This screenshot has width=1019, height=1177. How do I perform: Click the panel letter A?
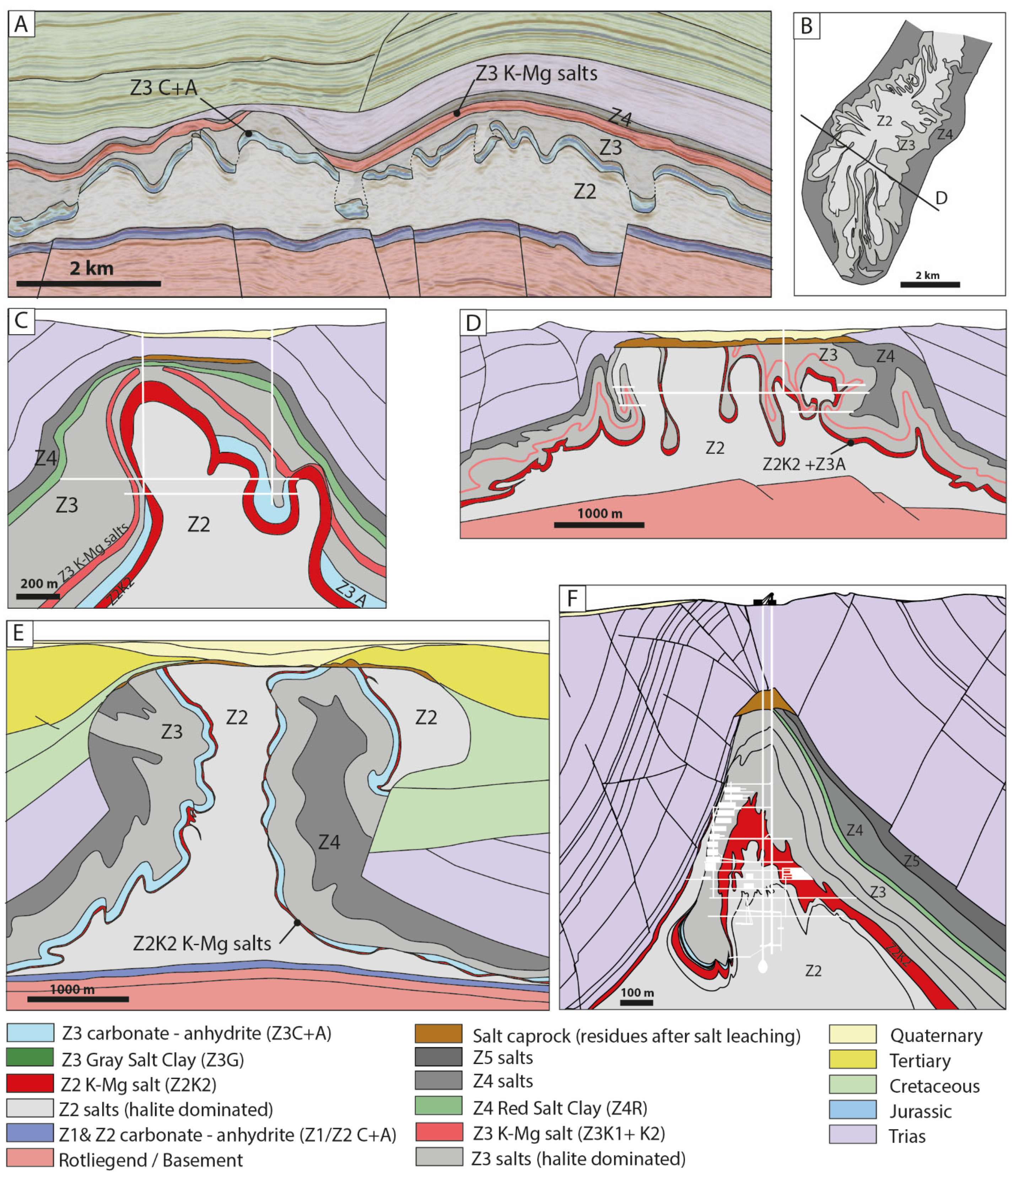point(21,25)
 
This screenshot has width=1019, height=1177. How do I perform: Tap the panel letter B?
point(806,26)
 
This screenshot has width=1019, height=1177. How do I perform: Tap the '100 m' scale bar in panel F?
point(636,1002)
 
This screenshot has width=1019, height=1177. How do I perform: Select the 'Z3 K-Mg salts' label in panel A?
point(536,73)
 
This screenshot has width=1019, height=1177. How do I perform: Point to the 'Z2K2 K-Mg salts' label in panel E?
point(202,943)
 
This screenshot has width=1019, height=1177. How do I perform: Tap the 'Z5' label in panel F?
point(912,861)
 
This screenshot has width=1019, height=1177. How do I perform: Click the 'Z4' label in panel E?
point(329,842)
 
